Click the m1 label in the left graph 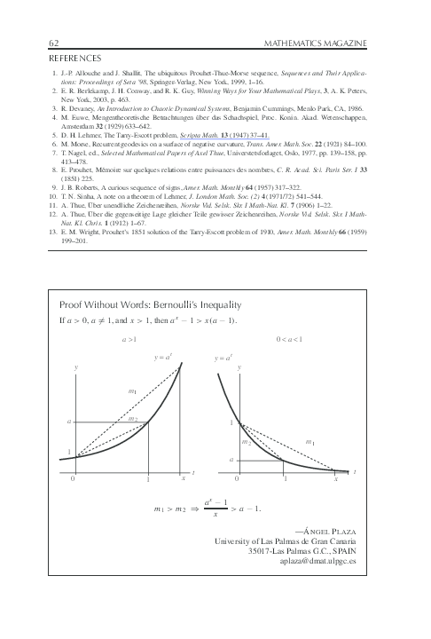[132, 390]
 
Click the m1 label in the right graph [310, 441]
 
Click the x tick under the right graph [337, 479]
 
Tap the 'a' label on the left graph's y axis [69, 422]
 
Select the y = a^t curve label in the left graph [162, 357]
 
